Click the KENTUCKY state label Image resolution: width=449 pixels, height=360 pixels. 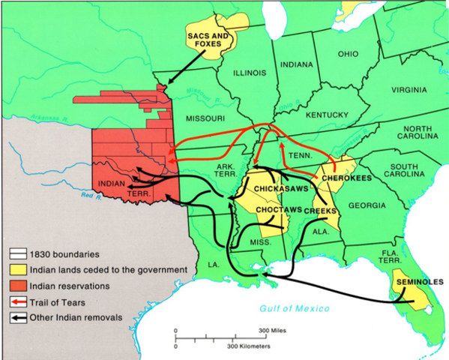pos(328,115)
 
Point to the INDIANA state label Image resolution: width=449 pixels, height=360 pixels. pos(295,64)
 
